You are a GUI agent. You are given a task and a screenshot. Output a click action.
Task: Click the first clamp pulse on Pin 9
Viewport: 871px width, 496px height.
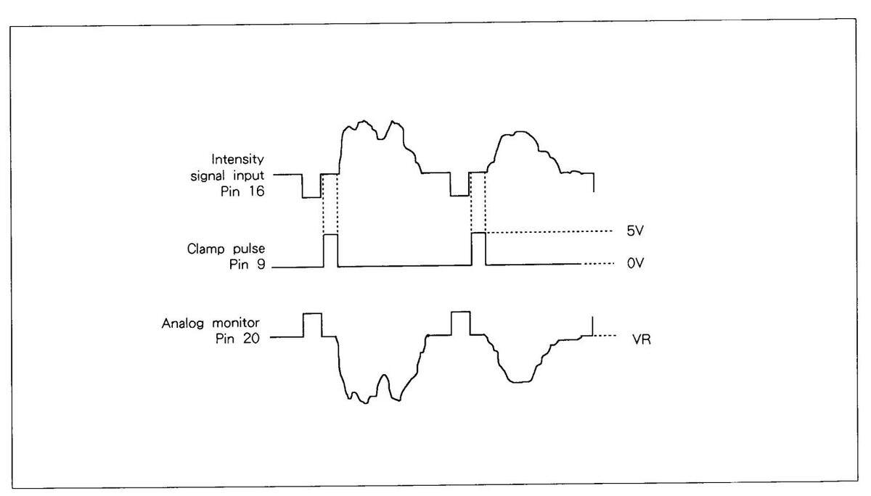pos(330,250)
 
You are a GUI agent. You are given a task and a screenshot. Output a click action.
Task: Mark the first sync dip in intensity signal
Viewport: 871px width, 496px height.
pos(311,187)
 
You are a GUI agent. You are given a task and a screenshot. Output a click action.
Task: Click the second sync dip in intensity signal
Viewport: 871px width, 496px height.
pos(459,186)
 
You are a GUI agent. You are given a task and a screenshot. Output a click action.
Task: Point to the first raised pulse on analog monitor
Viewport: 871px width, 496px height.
pos(312,323)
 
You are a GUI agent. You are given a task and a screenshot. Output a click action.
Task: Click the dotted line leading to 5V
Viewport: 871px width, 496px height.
pos(552,233)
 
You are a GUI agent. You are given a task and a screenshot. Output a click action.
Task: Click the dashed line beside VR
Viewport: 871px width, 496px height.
pos(606,336)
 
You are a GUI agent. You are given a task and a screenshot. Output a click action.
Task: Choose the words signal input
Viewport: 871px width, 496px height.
pos(232,175)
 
